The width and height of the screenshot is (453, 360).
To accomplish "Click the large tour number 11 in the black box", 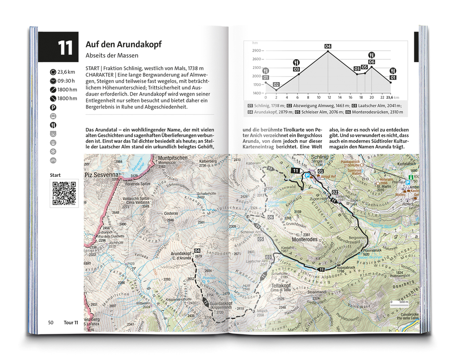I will [x=65, y=48].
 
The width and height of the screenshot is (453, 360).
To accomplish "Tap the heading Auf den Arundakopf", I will [x=123, y=44].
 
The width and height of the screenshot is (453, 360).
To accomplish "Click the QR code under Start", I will [x=64, y=193].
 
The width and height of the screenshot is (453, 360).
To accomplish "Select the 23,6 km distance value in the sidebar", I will [x=67, y=72].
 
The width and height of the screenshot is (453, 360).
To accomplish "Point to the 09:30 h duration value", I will [x=66, y=80].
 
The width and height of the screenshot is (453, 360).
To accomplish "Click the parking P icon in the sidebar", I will [x=53, y=107].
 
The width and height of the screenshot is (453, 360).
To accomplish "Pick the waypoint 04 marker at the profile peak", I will [x=328, y=46].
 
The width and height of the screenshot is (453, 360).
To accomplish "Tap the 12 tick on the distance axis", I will [x=328, y=97].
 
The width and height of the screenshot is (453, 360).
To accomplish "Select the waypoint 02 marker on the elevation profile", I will [x=276, y=84].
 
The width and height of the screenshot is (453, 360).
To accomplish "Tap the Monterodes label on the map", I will [x=304, y=239].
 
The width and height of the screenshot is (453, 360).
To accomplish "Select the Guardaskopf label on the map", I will [x=218, y=303].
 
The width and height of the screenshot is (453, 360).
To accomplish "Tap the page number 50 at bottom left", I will [x=51, y=322].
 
